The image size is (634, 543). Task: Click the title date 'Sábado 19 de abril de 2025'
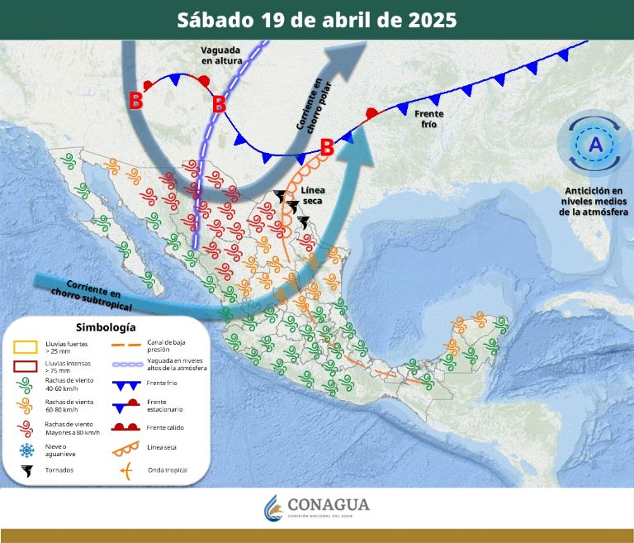pyautogui.click(x=317, y=21)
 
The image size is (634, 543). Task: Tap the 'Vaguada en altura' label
pyautogui.click(x=220, y=55)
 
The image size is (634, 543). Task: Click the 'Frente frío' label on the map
pyautogui.click(x=429, y=118)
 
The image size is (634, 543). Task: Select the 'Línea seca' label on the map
pyautogui.click(x=313, y=196)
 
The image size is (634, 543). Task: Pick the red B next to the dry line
pyautogui.click(x=327, y=148)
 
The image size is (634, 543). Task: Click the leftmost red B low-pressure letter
pyautogui.click(x=135, y=101)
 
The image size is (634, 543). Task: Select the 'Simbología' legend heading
pyautogui.click(x=105, y=327)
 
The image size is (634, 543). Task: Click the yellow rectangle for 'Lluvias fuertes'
pyautogui.click(x=27, y=345)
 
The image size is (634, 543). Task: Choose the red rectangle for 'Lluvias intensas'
pyautogui.click(x=27, y=366)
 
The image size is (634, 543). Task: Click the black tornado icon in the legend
pyautogui.click(x=27, y=471)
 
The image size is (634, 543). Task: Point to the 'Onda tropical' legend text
pyautogui.click(x=167, y=470)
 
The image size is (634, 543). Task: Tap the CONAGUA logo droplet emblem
pyautogui.click(x=272, y=508)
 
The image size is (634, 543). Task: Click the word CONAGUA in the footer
pyautogui.click(x=329, y=504)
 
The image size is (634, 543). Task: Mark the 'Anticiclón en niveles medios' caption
pyautogui.click(x=594, y=201)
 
